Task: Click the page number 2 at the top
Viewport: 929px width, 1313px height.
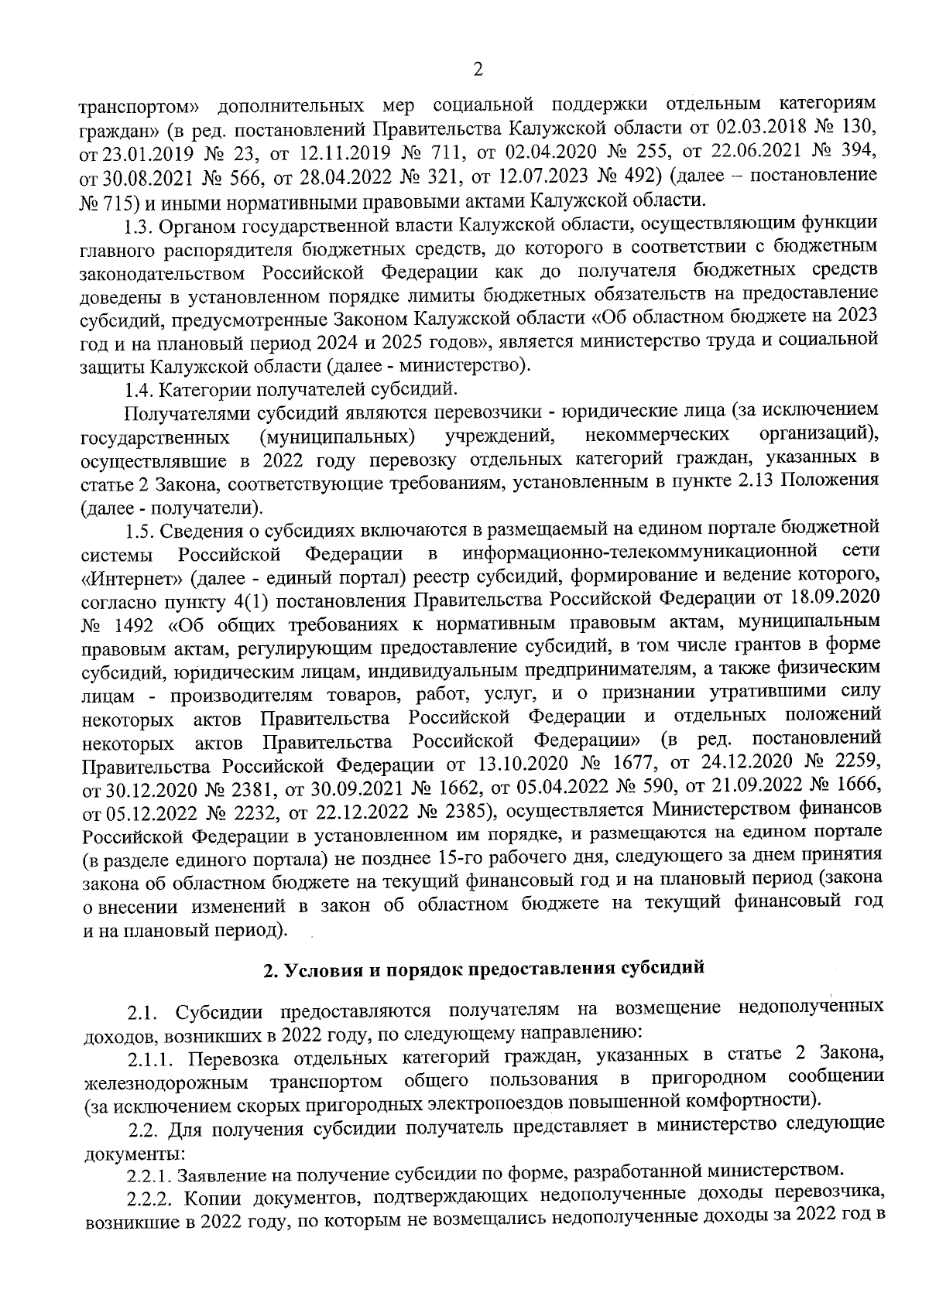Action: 478,70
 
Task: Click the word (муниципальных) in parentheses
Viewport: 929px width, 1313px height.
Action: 338,436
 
